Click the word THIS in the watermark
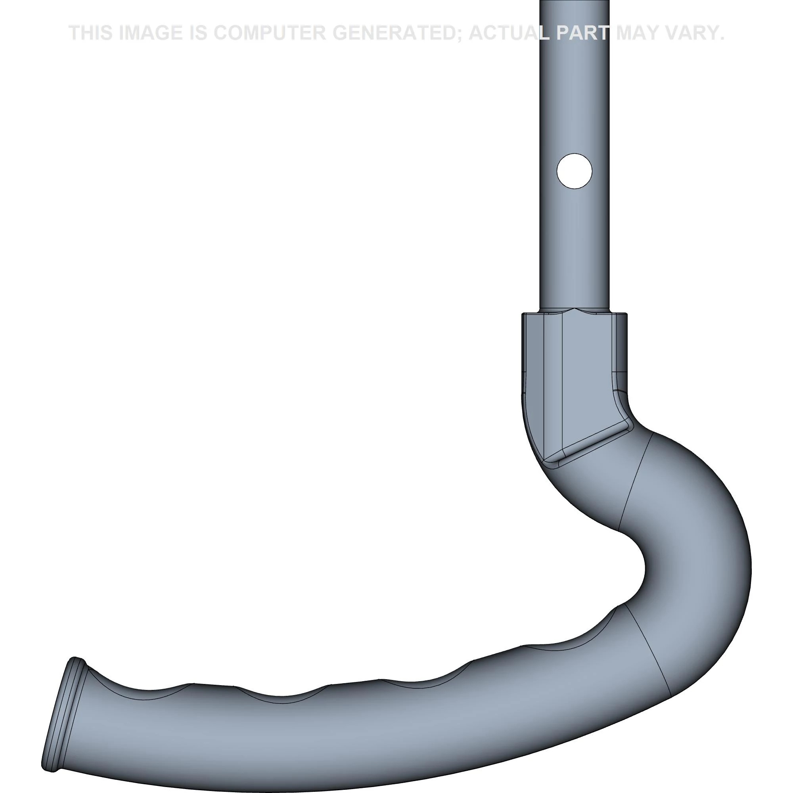coord(91,33)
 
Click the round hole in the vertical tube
coord(574,171)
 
